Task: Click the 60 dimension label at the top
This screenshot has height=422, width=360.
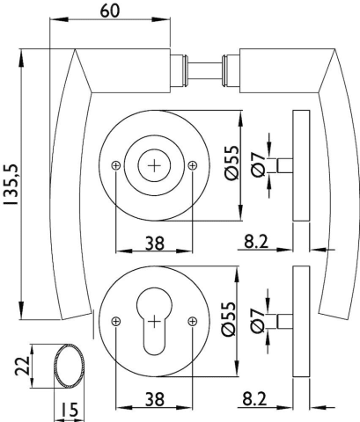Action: (110, 11)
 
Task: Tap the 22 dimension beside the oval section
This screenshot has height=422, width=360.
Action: (22, 366)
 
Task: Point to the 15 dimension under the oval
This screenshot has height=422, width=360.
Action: (70, 410)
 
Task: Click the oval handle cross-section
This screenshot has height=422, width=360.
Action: (70, 366)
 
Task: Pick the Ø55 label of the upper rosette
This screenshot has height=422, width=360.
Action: (232, 163)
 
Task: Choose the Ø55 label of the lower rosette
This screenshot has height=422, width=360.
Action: (229, 319)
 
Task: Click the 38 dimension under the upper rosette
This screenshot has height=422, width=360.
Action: (155, 244)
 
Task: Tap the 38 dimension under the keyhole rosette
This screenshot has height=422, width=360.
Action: (155, 399)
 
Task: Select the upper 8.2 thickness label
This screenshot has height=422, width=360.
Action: (256, 242)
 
